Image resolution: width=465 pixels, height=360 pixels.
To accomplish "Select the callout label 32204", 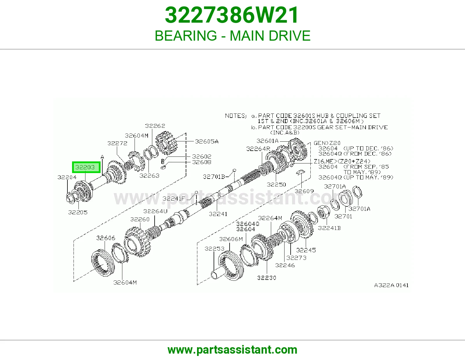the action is (67, 177).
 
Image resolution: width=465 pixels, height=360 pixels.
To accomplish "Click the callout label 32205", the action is (78, 212).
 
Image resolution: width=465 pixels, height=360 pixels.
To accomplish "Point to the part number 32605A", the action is (207, 141).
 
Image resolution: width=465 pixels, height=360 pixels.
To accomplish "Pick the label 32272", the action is (117, 143).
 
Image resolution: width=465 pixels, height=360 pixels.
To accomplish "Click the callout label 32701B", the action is (214, 177).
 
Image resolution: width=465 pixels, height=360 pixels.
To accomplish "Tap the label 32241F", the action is (174, 199).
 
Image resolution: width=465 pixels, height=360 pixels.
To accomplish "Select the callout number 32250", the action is (276, 184).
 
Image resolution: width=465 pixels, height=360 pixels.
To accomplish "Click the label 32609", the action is (304, 191).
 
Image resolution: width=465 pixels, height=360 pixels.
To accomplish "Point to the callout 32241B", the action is (329, 228).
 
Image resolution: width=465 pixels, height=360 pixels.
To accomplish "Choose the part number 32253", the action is (214, 249).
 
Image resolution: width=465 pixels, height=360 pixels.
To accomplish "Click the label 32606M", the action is (231, 239).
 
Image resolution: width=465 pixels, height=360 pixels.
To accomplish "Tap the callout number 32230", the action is (267, 278).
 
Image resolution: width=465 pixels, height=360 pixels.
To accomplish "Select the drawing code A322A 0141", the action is (391, 285).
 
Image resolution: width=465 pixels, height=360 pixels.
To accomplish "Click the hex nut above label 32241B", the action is (323, 212).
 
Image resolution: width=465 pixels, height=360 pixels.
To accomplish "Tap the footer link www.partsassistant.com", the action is (233, 350).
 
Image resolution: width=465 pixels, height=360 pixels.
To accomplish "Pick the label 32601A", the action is (267, 141).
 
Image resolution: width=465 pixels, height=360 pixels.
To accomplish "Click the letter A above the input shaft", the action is (102, 157).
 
